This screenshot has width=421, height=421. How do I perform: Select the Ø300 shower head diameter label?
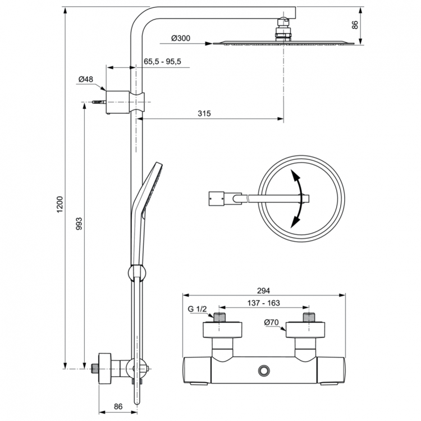pos(181,38)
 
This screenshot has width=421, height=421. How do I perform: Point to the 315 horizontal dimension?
pos(204,113)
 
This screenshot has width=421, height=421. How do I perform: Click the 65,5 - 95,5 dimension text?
pos(162,61)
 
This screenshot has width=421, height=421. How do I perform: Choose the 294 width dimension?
pos(264,290)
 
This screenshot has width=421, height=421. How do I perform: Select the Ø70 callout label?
pos(272,322)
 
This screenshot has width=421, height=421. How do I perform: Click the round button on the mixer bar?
pos(263,370)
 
